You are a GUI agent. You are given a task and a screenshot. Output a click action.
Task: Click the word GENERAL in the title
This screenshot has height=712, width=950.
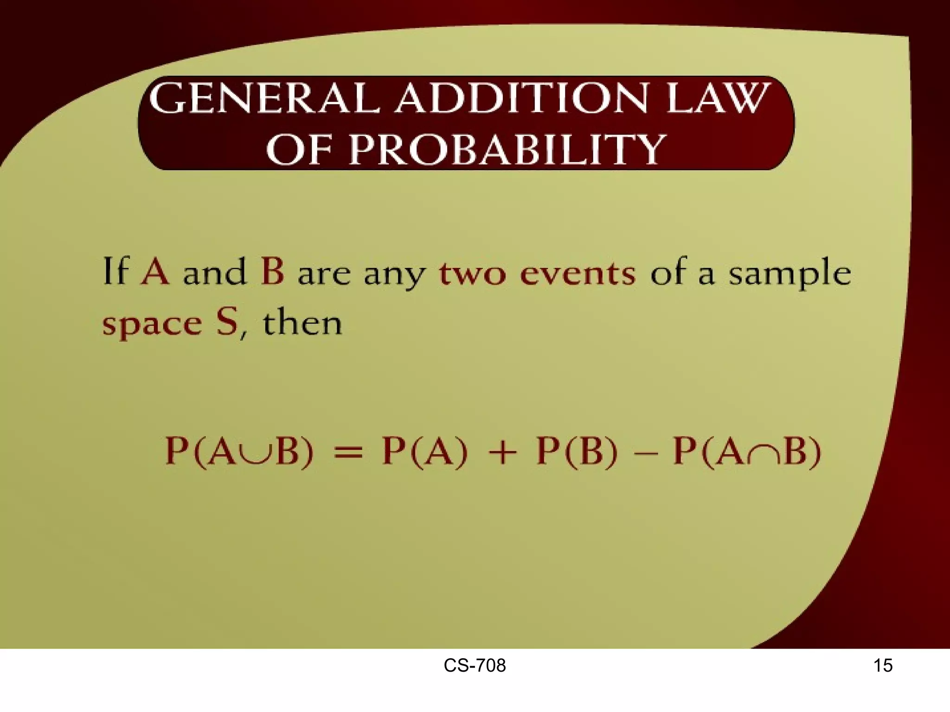tap(263, 98)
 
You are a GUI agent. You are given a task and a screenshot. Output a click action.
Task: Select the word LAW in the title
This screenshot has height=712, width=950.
tap(717, 98)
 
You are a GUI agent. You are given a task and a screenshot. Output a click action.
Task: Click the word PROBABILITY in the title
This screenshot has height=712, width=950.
tap(507, 149)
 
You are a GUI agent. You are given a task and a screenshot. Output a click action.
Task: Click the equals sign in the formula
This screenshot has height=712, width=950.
tap(348, 452)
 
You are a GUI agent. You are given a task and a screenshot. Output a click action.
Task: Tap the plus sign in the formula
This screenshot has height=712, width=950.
tap(502, 452)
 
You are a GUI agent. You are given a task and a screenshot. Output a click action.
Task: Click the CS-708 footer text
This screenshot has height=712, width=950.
tap(475, 666)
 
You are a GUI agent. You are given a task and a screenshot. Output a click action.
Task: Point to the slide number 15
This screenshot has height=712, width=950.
tap(883, 666)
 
